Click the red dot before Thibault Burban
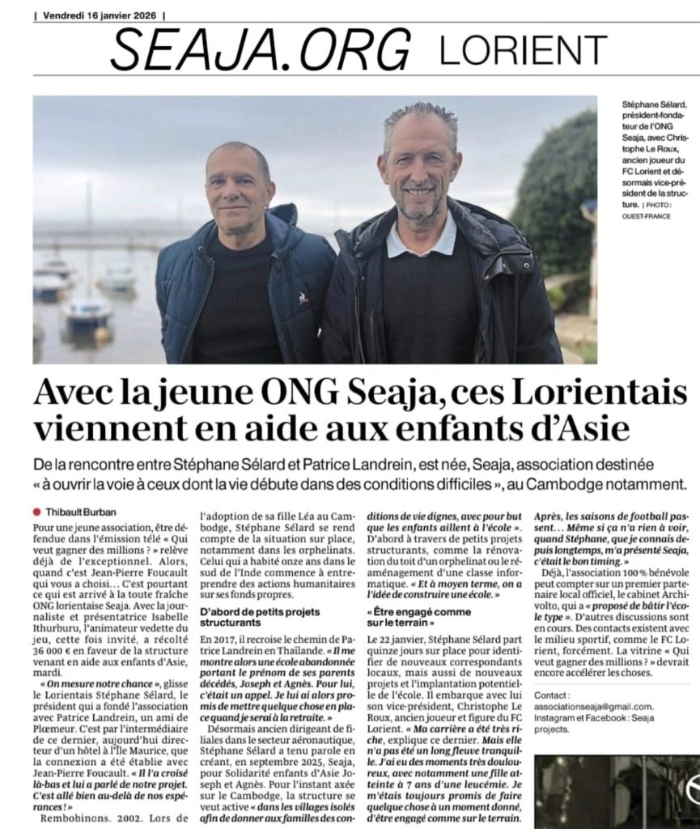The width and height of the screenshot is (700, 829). [36, 512]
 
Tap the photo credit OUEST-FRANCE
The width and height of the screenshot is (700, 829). [647, 217]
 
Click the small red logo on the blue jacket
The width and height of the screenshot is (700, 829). [303, 298]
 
